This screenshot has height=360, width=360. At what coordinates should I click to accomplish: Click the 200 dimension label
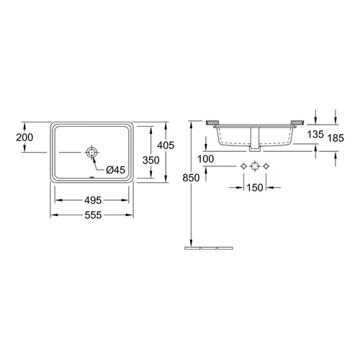pyautogui.click(x=24, y=138)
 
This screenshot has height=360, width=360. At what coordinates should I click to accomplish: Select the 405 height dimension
pyautogui.click(x=166, y=145)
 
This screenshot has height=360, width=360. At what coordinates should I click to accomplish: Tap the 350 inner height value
pyautogui.click(x=150, y=160)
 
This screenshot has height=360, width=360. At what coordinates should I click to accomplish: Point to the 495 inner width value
pyautogui.click(x=93, y=200)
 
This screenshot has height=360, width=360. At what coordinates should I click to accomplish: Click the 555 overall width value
pyautogui.click(x=93, y=215)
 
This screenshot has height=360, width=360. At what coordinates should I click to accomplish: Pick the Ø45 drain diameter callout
pyautogui.click(x=116, y=170)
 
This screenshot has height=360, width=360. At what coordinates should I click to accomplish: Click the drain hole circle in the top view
pyautogui.click(x=91, y=152)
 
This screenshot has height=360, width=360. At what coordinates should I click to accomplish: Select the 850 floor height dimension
pyautogui.click(x=191, y=178)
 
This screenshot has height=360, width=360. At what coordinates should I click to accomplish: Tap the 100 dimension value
pyautogui.click(x=206, y=159)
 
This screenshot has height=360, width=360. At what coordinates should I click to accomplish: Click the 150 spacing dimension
pyautogui.click(x=255, y=187)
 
